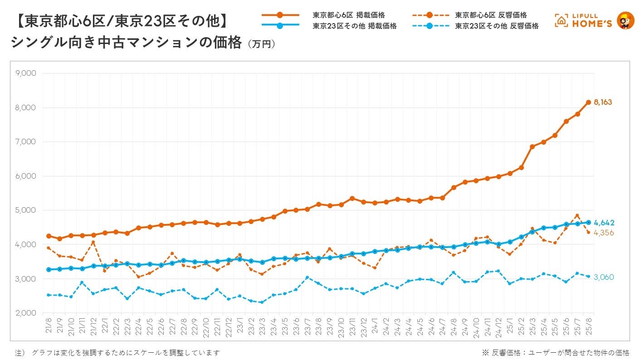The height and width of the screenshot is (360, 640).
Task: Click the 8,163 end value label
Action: pyautogui.click(x=602, y=102)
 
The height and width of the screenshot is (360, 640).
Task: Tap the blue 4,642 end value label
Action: pyautogui.click(x=604, y=223)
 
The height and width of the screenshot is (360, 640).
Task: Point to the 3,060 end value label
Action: pyautogui.click(x=604, y=277)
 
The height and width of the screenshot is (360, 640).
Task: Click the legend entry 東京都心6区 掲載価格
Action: pyautogui.click(x=348, y=15)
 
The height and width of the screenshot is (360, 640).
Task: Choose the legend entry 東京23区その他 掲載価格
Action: pyautogui.click(x=354, y=26)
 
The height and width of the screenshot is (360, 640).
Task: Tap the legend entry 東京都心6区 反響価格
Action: pyautogui.click(x=491, y=15)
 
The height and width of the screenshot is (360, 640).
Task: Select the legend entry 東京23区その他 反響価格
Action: pyautogui.click(x=497, y=26)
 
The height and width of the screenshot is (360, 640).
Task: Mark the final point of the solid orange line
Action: pyautogui.click(x=588, y=102)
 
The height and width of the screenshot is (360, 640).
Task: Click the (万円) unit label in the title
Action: pyautogui.click(x=261, y=44)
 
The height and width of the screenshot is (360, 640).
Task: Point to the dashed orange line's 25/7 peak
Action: pyautogui.click(x=577, y=215)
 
